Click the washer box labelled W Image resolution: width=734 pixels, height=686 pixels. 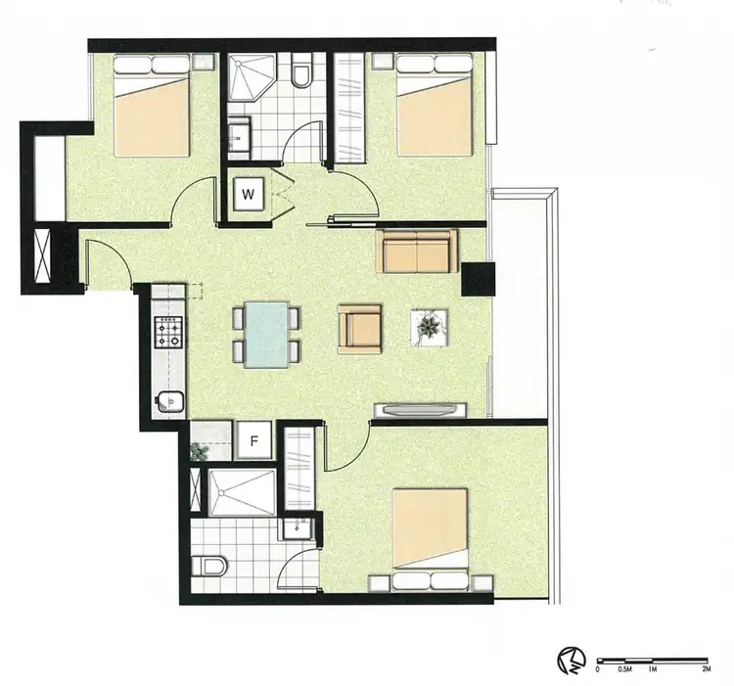pyautogui.click(x=249, y=193)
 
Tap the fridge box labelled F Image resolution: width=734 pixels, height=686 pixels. pyautogui.click(x=252, y=441)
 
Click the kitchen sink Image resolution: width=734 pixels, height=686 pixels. pyautogui.click(x=169, y=400)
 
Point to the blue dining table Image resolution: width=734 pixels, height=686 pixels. pyautogui.click(x=266, y=334)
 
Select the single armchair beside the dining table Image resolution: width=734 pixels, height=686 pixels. pyautogui.click(x=359, y=327)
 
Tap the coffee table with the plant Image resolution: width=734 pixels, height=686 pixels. pyautogui.click(x=431, y=327)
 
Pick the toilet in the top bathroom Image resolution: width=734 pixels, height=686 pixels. pyautogui.click(x=301, y=73)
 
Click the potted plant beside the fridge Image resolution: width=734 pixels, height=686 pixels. pyautogui.click(x=201, y=451)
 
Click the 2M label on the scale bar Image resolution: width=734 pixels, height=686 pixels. pyautogui.click(x=706, y=670)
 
